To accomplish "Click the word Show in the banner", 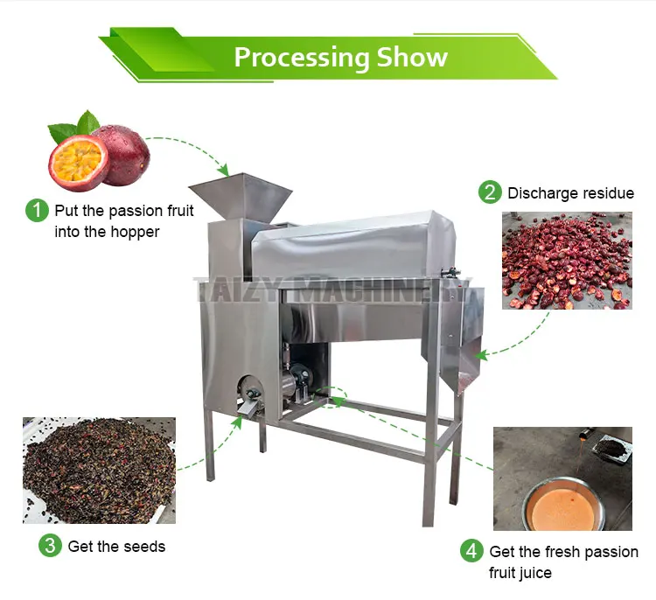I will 412,58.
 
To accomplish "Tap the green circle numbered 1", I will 37,210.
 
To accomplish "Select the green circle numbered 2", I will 490,192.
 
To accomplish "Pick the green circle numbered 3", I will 50,546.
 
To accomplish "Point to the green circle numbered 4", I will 471,551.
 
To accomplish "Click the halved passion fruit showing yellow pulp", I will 78,163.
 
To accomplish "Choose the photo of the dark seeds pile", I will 99,470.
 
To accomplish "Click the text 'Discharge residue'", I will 570,192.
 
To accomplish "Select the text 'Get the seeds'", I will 116,547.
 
